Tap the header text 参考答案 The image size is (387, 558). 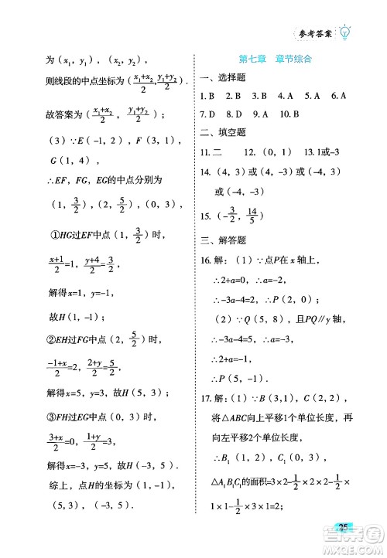point(314,33)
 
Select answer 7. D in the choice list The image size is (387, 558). point(207,114)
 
